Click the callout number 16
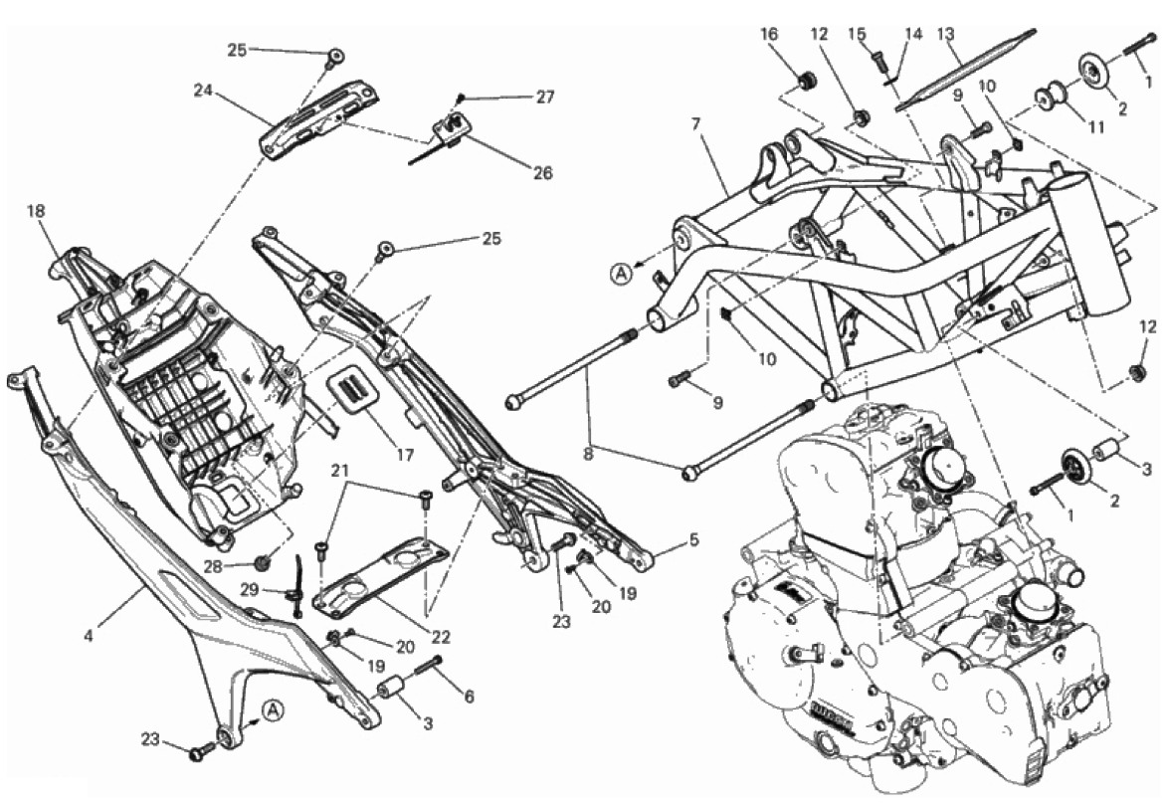[770, 33]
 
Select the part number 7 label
[696, 123]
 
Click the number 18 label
[37, 211]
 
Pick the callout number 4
[89, 633]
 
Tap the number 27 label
[544, 97]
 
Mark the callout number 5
[693, 541]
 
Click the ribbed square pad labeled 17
[355, 388]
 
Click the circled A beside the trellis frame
[621, 271]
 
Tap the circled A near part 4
[274, 709]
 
